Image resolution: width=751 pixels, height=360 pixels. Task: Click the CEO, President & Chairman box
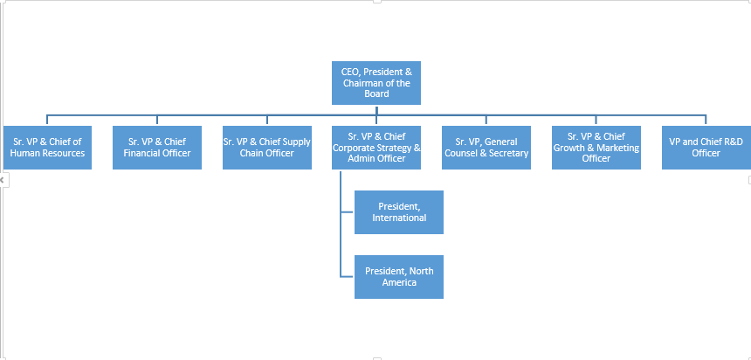click(x=376, y=82)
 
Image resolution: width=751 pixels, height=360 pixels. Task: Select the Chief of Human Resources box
click(x=47, y=147)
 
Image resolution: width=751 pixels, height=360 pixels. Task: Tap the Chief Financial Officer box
click(x=157, y=147)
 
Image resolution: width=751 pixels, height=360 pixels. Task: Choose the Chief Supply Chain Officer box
click(x=266, y=147)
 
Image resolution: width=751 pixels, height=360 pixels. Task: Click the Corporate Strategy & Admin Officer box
click(x=376, y=147)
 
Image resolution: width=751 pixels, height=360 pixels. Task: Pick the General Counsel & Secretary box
click(x=486, y=147)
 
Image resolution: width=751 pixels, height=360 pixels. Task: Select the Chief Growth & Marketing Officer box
click(x=596, y=147)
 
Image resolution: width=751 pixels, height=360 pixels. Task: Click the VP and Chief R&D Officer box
click(x=706, y=147)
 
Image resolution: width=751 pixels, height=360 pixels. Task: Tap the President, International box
click(x=399, y=211)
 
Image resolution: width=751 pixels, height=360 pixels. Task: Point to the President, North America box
click(x=399, y=276)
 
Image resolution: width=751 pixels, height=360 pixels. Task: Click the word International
click(x=399, y=218)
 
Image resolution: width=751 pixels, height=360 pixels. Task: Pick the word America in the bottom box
click(x=399, y=282)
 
